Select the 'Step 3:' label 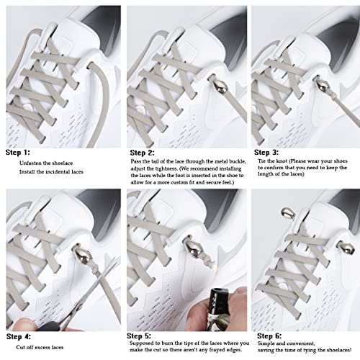(x=266, y=153)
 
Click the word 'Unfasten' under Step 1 (x=32, y=164)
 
